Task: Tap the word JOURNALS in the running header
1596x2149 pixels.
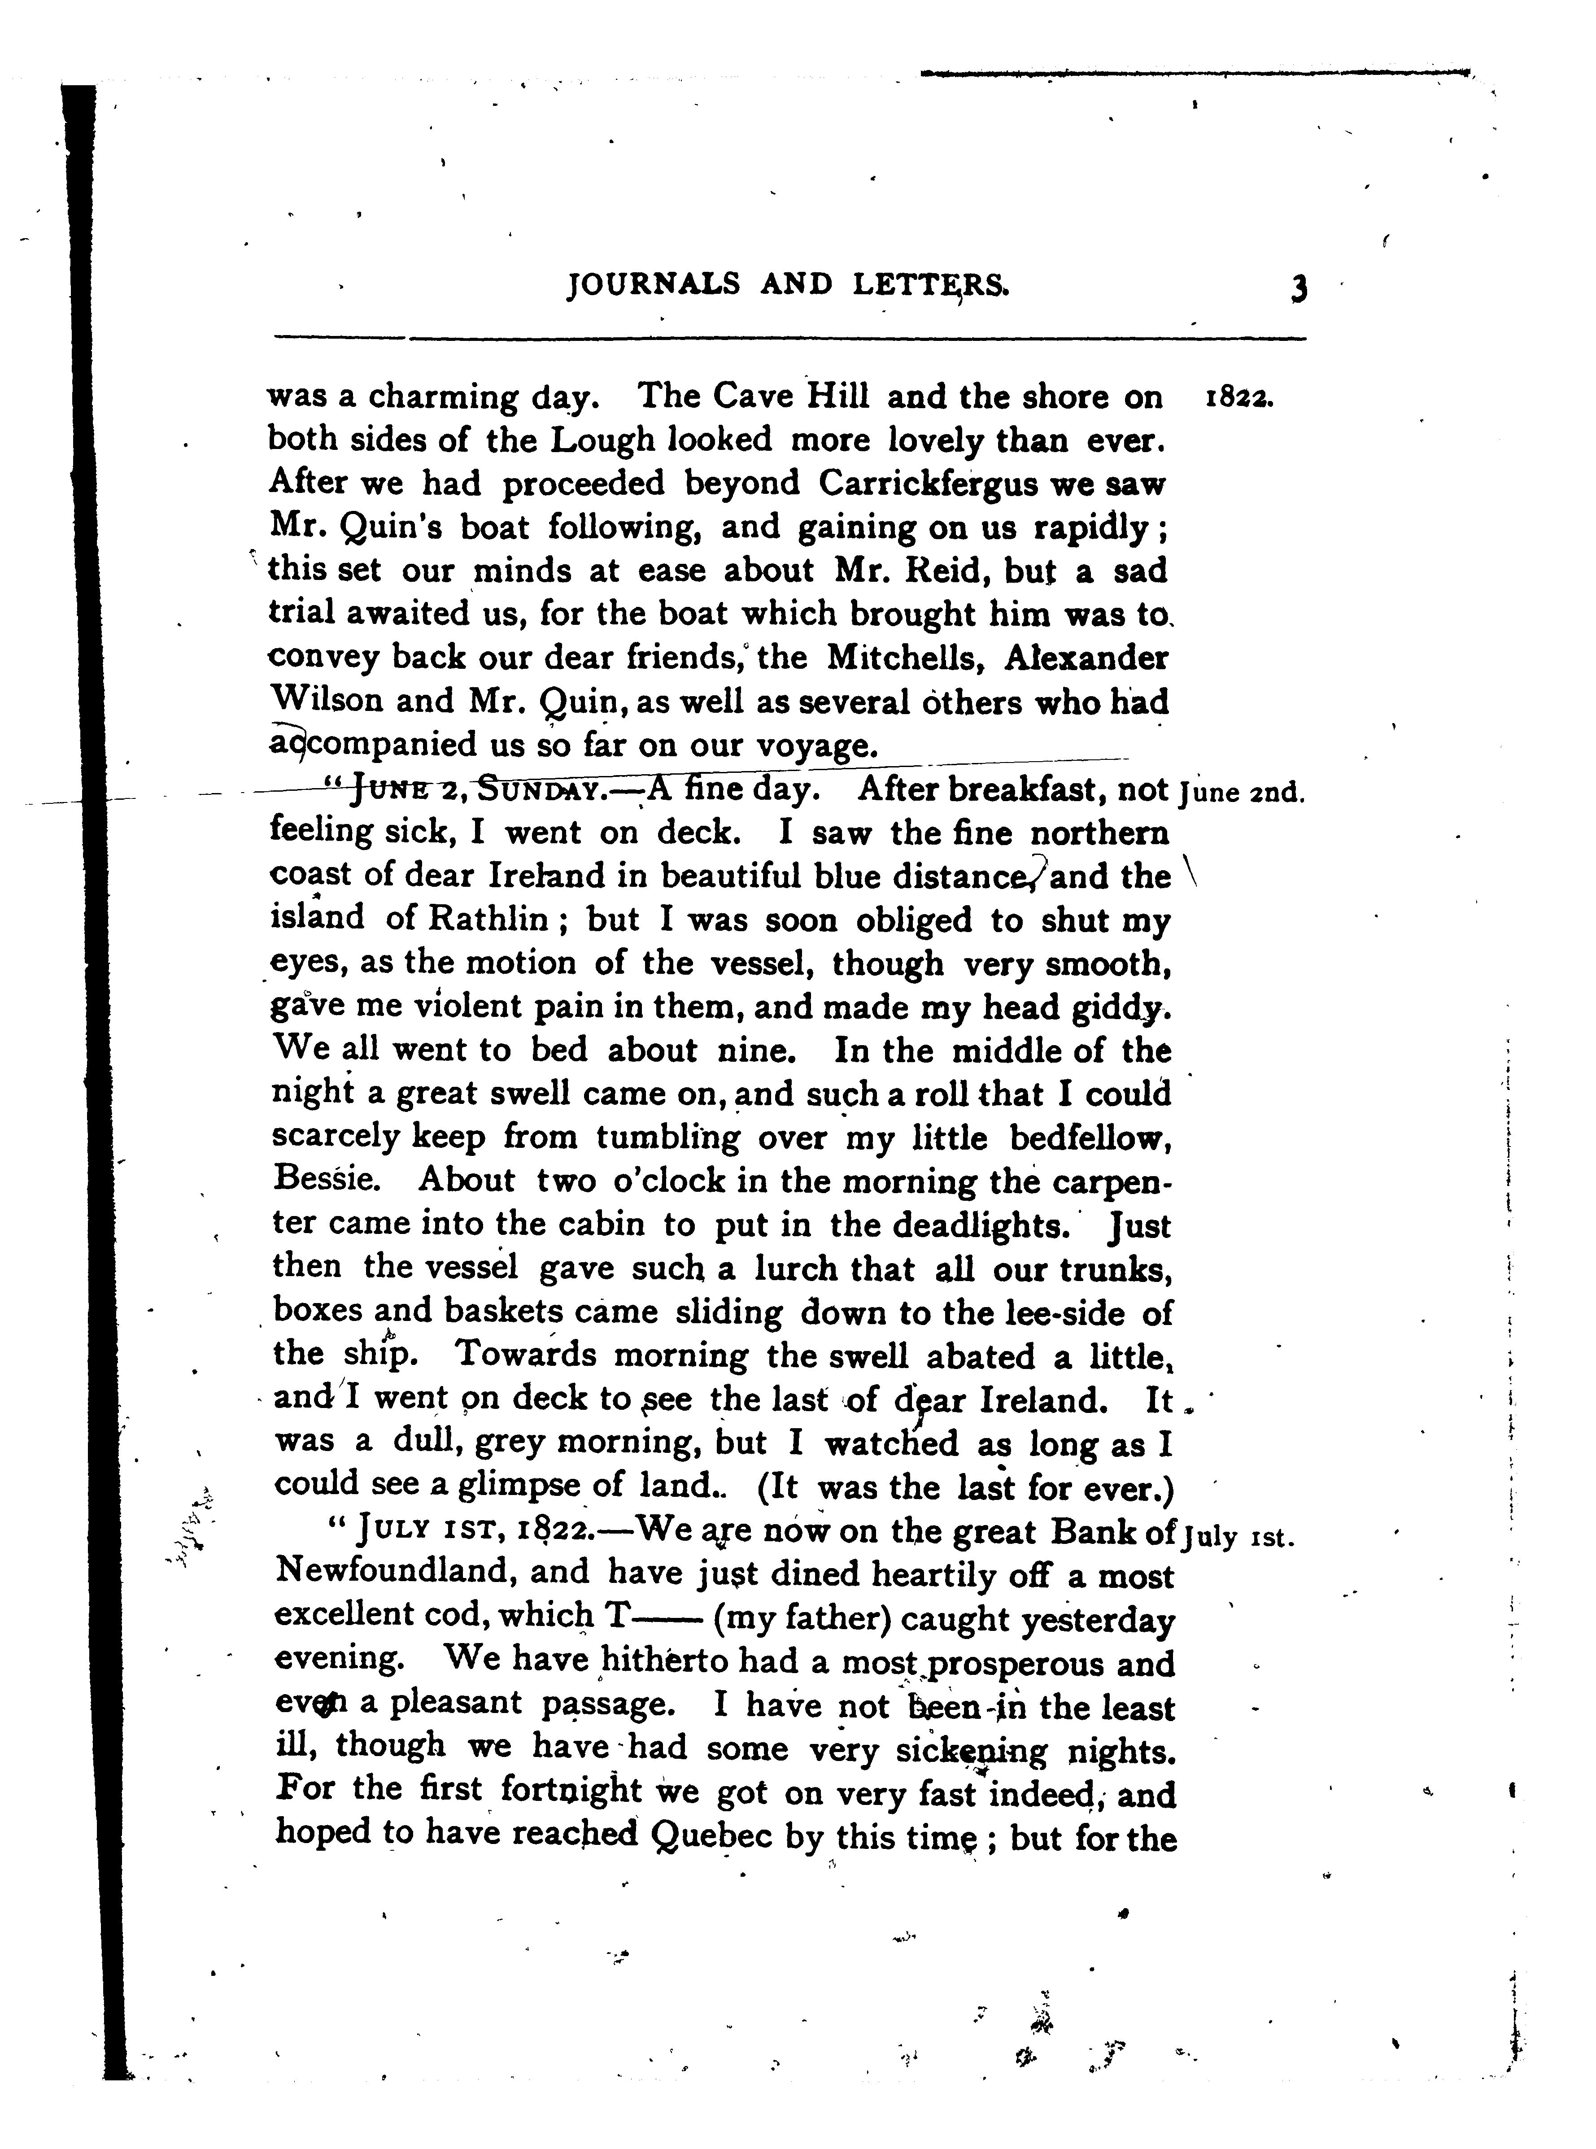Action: coord(654,284)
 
